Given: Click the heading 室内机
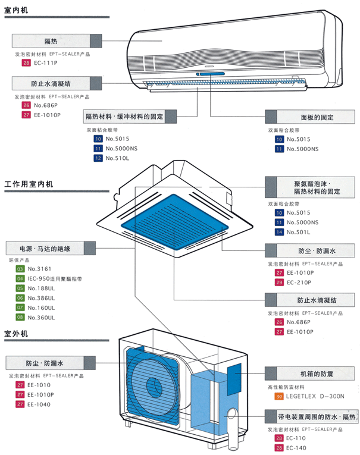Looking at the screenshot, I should [15, 10].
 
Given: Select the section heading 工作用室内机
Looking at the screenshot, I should [29, 184].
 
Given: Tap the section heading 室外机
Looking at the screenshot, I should [15, 335].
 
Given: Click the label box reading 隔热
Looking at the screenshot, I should [51, 41].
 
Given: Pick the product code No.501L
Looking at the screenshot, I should [301, 232].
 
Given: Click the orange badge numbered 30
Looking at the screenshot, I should [278, 396].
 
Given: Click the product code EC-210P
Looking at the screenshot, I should [300, 282].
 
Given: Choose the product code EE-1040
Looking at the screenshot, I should [38, 404].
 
